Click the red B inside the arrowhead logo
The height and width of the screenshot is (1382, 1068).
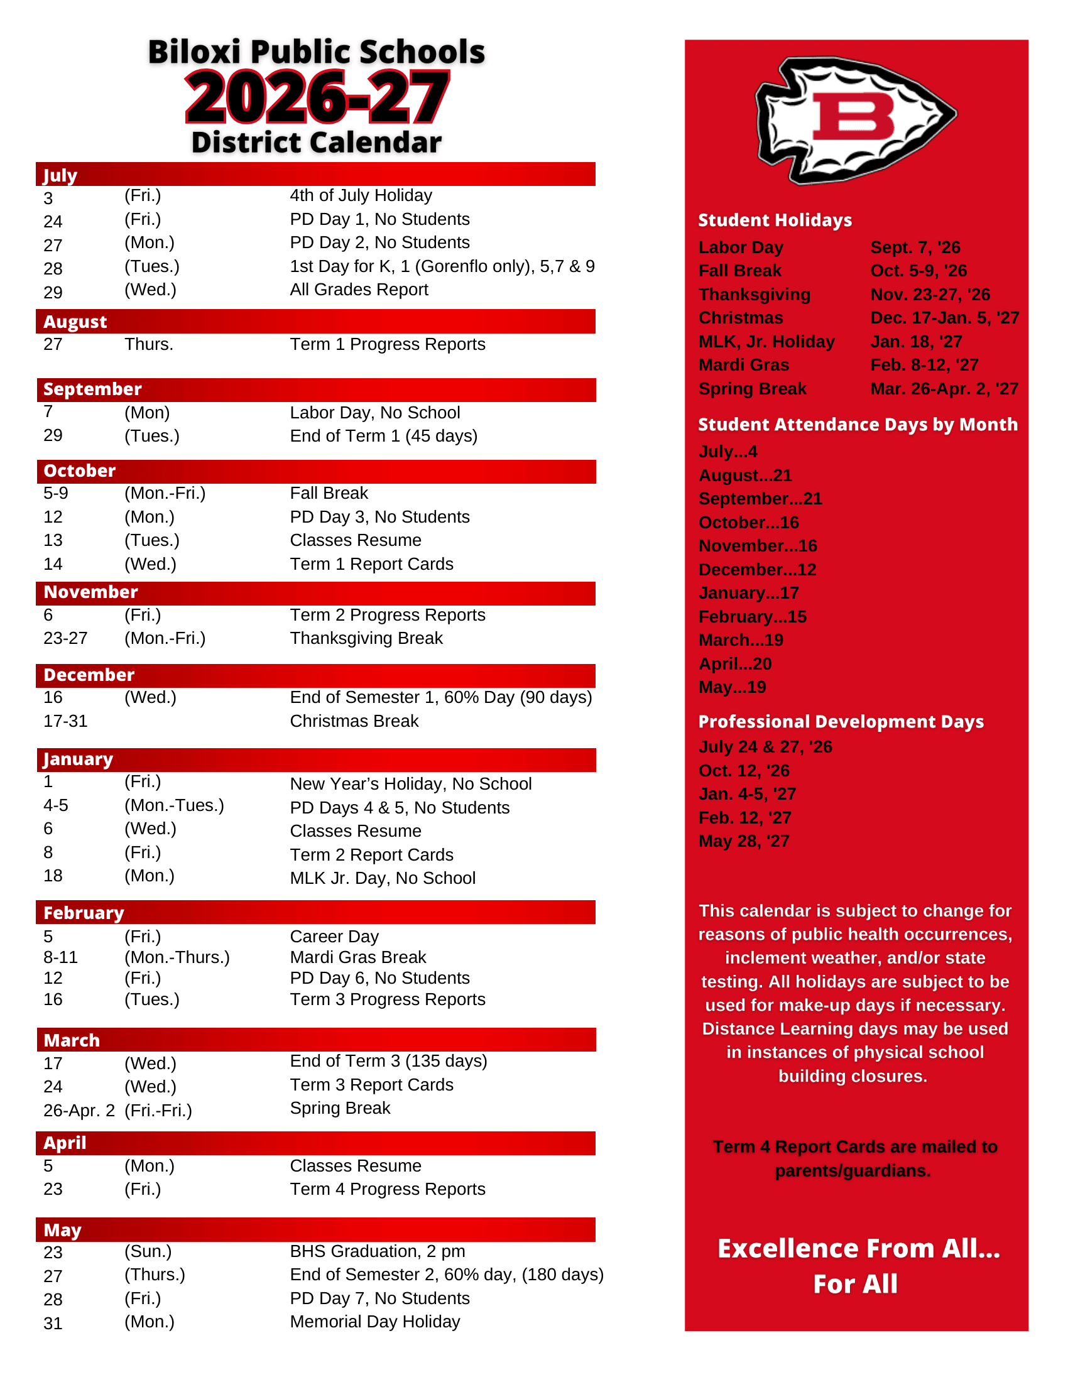click(853, 116)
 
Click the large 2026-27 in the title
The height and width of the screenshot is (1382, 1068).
click(317, 98)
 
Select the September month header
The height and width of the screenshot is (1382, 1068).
click(92, 389)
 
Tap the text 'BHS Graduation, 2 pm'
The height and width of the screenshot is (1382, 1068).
click(377, 1251)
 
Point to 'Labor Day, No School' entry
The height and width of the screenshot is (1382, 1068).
click(374, 413)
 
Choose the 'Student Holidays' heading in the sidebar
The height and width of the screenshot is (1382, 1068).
click(775, 220)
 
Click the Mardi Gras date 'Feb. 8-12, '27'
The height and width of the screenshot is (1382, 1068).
click(924, 365)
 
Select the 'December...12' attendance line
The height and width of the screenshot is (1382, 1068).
click(757, 570)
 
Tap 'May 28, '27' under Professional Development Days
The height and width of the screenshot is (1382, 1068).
click(743, 841)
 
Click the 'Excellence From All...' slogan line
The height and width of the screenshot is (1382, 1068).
click(858, 1248)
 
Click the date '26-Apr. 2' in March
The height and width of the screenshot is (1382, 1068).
click(79, 1111)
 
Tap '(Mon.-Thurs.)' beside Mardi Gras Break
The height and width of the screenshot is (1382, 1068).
click(177, 957)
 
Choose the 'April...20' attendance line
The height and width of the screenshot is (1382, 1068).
click(734, 664)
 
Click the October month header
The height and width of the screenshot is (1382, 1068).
click(80, 471)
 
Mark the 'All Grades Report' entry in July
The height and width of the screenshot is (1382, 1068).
click(359, 290)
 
